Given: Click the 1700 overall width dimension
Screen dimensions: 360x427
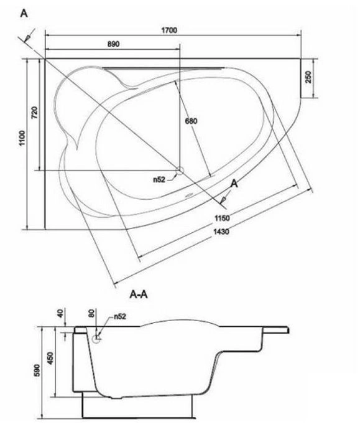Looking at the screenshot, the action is coord(169,30).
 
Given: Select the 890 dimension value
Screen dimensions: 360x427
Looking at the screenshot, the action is coord(113,44).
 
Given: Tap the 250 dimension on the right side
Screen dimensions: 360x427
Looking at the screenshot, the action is coord(308,77).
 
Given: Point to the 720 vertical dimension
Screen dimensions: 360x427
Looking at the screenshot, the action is coord(35,112).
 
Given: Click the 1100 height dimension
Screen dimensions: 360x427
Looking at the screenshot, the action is coord(22,138).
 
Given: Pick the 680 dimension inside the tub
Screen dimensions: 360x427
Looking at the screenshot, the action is coord(192,121).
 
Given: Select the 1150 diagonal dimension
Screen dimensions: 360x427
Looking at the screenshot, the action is coord(222,218).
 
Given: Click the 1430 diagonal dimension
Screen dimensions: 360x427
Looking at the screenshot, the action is coord(221,232).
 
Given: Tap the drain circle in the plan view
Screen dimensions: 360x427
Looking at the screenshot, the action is coord(180,171).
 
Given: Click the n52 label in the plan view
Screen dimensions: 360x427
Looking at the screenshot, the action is coord(159,179).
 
